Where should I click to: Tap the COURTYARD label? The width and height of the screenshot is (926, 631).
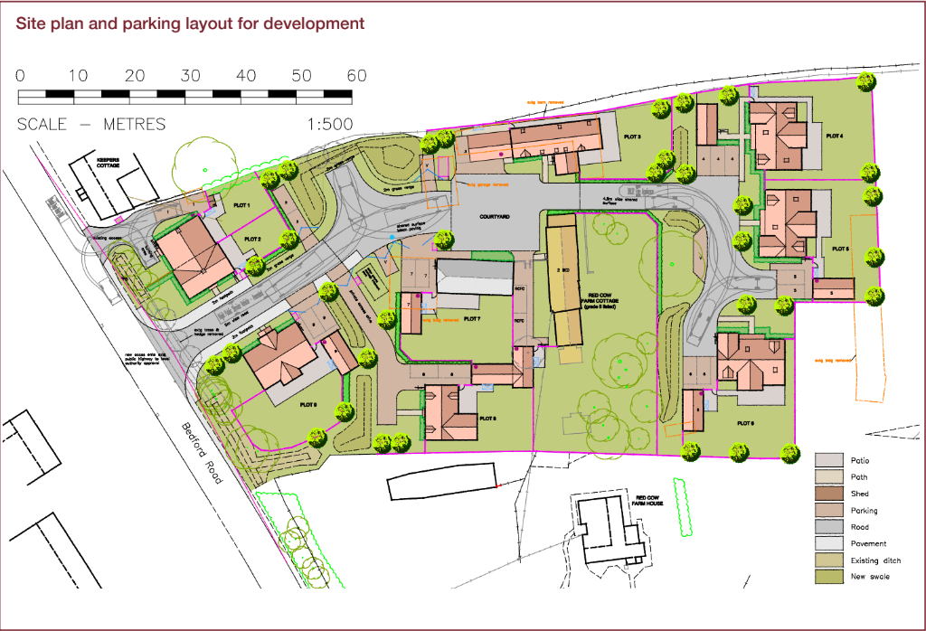pyautogui.click(x=496, y=217)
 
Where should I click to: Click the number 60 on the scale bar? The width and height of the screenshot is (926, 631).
pyautogui.click(x=356, y=76)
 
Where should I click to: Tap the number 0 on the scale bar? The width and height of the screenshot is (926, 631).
pyautogui.click(x=20, y=76)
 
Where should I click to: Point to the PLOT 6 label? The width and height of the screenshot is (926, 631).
pyautogui.click(x=745, y=423)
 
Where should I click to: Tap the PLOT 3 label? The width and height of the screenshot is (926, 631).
pyautogui.click(x=632, y=137)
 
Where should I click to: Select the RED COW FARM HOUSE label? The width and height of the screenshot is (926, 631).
pyautogui.click(x=649, y=502)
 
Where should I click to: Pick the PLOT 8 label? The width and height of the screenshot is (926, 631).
pyautogui.click(x=488, y=419)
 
